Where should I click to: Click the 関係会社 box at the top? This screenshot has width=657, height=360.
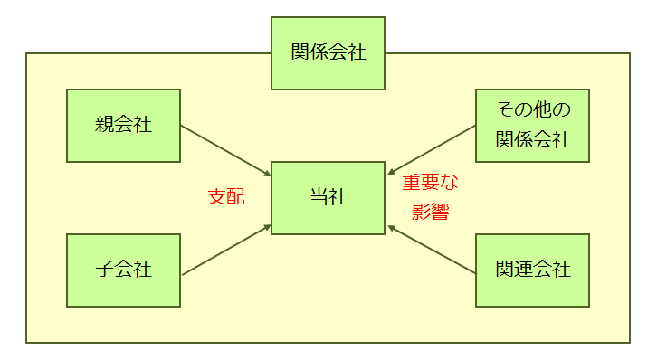pos(328,52)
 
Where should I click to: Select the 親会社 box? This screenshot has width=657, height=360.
pos(123,125)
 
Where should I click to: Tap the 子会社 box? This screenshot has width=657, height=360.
pos(123,270)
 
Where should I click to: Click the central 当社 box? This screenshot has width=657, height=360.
pos(328,198)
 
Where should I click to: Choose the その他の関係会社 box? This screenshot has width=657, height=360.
pos(532,125)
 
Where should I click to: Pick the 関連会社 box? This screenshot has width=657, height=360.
pos(532,270)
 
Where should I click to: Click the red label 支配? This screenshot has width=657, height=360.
pos(225,197)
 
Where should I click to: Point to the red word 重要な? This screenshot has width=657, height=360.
pos(431,184)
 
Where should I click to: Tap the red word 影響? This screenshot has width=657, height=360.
pos(431,213)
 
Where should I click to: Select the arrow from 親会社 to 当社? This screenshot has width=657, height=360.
pos(226,150)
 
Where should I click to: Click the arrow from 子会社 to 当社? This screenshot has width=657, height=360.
pos(226,249)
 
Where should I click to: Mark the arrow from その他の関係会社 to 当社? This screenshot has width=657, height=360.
pos(432,149)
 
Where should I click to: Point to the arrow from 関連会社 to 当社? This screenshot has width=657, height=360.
pos(432,249)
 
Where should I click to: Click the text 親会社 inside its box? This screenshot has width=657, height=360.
pos(123,125)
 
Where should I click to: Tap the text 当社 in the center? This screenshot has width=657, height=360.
pos(328,198)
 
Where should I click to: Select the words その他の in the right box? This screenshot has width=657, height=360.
pos(532,111)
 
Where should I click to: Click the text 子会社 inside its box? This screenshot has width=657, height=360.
pos(123,270)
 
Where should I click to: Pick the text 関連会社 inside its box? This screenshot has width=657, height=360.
pos(532,270)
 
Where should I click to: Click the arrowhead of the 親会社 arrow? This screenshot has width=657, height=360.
pos(268,173)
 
